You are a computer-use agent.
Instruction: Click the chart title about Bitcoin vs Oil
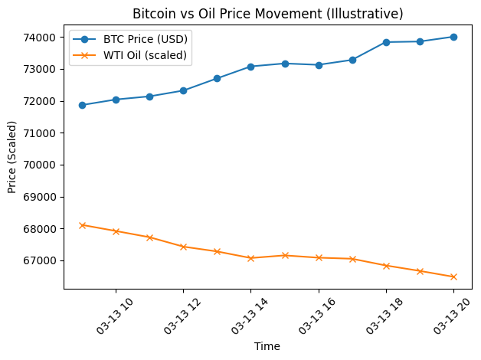coord(267,14)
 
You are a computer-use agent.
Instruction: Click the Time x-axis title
coord(267,346)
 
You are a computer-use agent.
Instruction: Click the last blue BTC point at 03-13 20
coord(453,37)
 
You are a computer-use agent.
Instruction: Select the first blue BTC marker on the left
coord(82,105)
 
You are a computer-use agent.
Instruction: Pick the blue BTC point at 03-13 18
coord(386,42)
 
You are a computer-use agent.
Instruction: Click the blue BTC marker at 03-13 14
coord(250,67)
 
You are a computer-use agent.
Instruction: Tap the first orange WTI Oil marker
coord(82,225)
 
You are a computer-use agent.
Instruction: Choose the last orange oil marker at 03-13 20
coord(453,277)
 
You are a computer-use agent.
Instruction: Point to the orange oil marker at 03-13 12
coord(183,247)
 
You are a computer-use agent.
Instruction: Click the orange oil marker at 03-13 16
coord(319,257)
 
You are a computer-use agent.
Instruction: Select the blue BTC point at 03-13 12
coord(183,90)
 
